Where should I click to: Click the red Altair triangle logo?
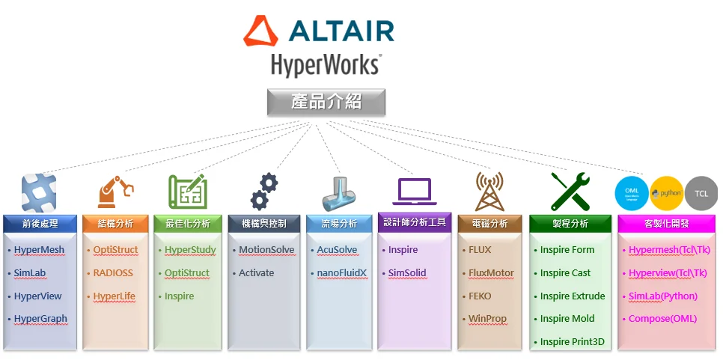point(260,31)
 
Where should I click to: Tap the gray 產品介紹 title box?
point(326,102)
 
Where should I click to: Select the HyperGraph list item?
point(40,319)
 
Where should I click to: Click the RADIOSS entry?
point(112,273)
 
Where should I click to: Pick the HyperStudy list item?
point(190,250)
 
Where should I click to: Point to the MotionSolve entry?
point(266,250)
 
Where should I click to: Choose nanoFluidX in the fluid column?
point(341,273)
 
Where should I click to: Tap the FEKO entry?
point(480,296)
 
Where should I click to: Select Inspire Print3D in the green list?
point(572,342)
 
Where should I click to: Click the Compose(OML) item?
point(662,319)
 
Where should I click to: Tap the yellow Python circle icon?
point(666,193)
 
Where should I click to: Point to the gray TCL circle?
point(701,193)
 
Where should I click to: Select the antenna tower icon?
point(489,192)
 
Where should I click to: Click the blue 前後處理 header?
point(40,223)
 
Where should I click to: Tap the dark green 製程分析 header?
point(570,223)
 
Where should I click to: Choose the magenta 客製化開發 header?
point(666,223)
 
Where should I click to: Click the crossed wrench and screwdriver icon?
point(570,192)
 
